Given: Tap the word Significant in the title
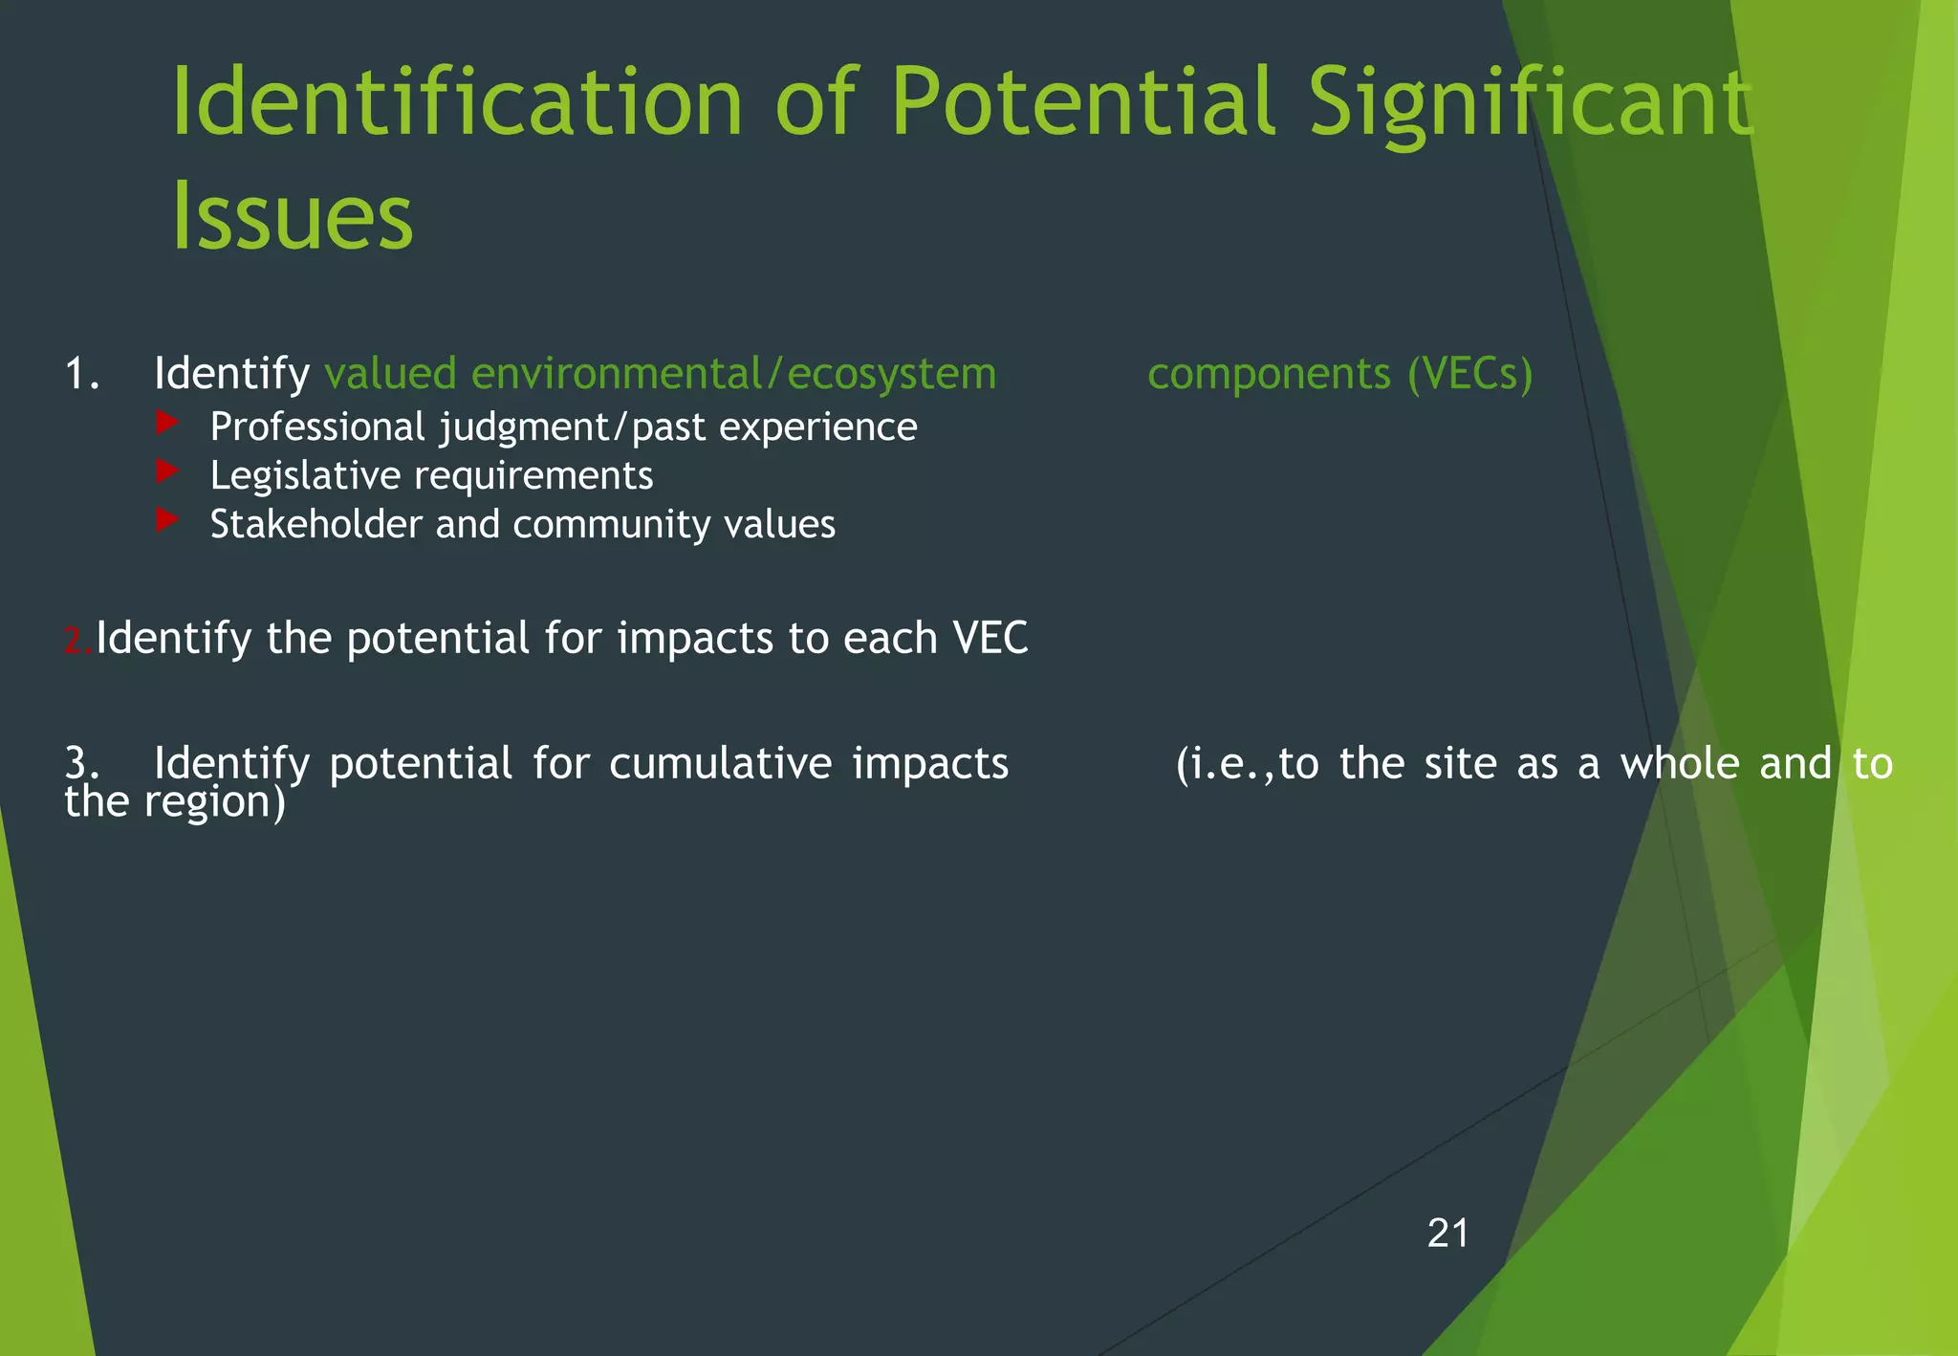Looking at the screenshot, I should pyautogui.click(x=1530, y=103).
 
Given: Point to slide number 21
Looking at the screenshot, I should pyautogui.click(x=1447, y=1234).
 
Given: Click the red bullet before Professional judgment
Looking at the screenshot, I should pyautogui.click(x=167, y=422).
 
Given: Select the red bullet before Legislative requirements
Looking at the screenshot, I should pyautogui.click(x=167, y=470).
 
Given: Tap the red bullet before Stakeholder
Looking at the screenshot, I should pyautogui.click(x=167, y=519).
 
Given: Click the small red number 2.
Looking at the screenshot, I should pyautogui.click(x=77, y=642).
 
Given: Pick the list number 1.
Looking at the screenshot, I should pyautogui.click(x=81, y=373).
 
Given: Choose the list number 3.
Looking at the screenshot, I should pyautogui.click(x=81, y=763).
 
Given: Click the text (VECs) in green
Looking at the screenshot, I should pyautogui.click(x=1469, y=373).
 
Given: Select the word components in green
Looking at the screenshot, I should pyautogui.click(x=1269, y=374).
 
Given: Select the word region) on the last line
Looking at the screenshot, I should pyautogui.click(x=214, y=802).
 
